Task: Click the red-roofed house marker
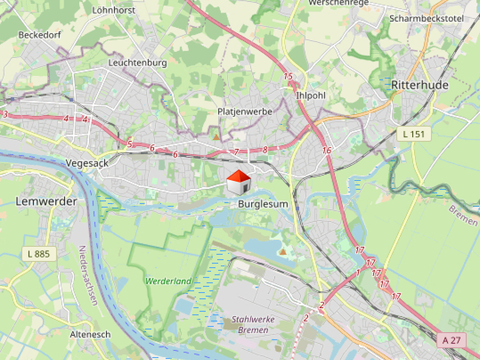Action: coord(238,181)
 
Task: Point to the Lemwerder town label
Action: coord(46,201)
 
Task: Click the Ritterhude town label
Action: coord(419,85)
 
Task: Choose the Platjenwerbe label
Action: coord(245,111)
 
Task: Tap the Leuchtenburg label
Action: coord(137,63)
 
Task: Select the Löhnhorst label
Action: coord(113,10)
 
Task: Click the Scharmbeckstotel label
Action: coord(426,18)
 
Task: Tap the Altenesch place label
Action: coord(90,334)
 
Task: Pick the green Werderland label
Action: coord(168,281)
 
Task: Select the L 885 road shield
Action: coord(39,254)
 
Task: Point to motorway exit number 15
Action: coord(288,76)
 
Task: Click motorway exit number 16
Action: coord(326,150)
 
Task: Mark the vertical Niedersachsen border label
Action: coord(88,275)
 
